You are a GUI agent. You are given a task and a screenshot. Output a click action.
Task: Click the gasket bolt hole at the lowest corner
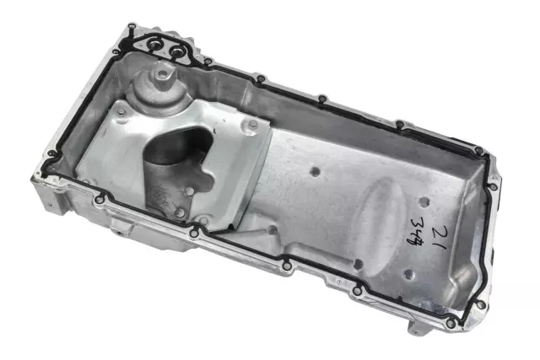tap(454, 323)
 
